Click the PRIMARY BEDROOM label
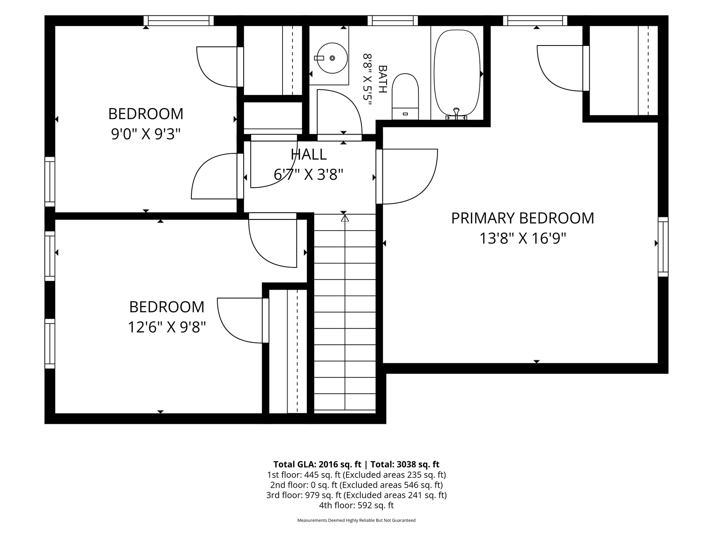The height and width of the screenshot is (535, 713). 522,218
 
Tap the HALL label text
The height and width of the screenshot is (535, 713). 309,155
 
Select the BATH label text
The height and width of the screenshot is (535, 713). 382,79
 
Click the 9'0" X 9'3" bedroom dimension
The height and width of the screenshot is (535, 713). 145,134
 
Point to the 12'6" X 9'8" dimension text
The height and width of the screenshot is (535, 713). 167,327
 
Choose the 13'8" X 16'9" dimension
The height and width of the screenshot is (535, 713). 522,239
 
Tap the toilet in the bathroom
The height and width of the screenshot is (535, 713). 405,97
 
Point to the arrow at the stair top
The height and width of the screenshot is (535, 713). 344,218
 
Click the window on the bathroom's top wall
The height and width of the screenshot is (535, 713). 393,20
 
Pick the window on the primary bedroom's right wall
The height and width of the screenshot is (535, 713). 663,247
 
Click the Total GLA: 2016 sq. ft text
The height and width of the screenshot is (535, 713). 317,464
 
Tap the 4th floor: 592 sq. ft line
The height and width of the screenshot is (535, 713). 356,505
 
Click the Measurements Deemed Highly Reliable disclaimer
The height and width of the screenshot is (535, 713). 356,520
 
